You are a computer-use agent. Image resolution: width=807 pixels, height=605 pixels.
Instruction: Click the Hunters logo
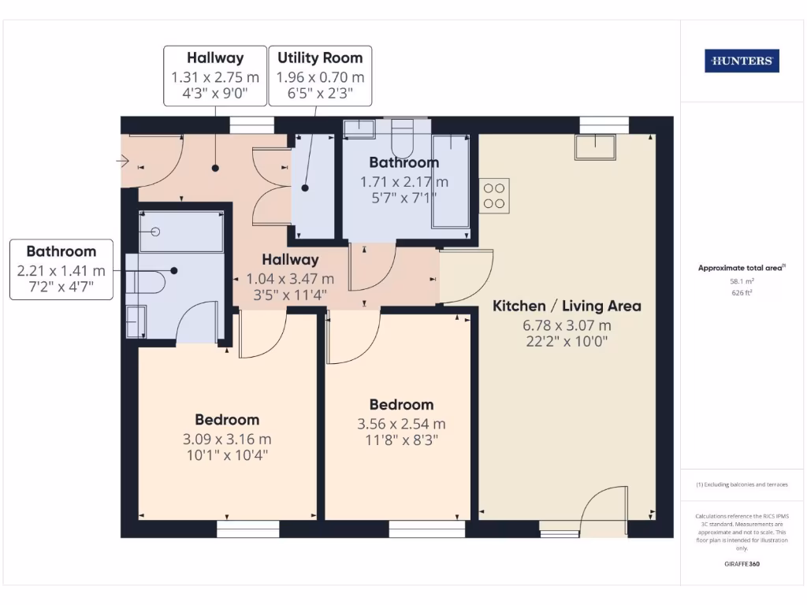[742, 61]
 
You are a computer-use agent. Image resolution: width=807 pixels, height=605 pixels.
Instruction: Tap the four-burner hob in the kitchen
[495, 195]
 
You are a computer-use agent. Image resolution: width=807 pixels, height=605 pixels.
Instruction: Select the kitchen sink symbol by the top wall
[595, 147]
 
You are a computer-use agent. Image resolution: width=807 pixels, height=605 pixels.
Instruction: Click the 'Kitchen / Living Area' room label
[567, 306]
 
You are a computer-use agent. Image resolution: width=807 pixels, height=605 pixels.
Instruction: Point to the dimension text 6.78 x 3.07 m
[567, 325]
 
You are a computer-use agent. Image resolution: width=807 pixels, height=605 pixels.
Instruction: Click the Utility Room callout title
[320, 58]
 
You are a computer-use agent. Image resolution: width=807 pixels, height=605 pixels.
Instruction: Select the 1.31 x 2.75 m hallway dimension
[215, 77]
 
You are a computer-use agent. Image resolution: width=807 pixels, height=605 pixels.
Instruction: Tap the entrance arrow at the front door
[122, 161]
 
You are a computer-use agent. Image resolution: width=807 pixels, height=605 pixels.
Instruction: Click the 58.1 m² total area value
[741, 280]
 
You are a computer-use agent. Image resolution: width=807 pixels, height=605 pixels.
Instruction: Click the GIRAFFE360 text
[741, 564]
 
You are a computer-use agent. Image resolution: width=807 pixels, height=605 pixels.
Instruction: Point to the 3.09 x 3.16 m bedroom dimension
[227, 439]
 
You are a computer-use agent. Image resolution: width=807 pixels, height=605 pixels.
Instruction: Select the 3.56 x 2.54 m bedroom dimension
[401, 424]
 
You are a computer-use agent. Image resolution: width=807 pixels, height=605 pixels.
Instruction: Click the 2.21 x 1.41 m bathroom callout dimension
[61, 270]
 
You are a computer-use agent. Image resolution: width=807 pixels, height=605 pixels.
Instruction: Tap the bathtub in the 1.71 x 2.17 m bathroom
[451, 180]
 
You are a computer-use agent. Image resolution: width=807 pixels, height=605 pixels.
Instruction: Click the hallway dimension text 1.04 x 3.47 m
[290, 278]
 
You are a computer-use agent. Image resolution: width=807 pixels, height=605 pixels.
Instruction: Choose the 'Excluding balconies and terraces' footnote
[741, 484]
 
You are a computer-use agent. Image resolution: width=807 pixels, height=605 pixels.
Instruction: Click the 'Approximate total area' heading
[741, 268]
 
